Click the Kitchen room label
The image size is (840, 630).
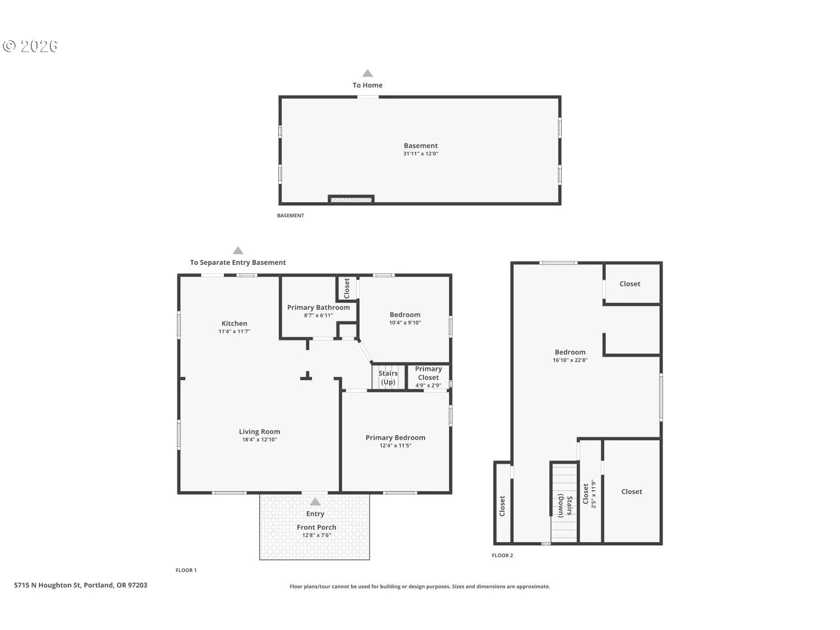[234, 323]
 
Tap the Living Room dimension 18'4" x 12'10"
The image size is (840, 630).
[259, 440]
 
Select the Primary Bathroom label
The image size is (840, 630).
[318, 307]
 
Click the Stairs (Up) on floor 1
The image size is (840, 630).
[388, 377]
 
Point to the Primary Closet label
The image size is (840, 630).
[428, 373]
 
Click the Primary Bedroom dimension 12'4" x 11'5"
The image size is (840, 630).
[395, 446]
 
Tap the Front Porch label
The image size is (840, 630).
[316, 527]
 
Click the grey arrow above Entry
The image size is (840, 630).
[315, 502]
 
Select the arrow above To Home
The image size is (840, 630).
[367, 73]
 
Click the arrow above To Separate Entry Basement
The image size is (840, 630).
[238, 250]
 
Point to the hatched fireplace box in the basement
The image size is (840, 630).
[351, 199]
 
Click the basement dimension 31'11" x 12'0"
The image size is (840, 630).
[421, 153]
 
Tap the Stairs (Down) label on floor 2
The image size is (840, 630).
[564, 506]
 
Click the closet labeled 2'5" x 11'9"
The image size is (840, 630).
[590, 493]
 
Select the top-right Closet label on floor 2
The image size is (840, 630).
[629, 284]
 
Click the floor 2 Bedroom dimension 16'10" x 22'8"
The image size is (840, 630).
[570, 360]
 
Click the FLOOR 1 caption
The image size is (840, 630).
[186, 570]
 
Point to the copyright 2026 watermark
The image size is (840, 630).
[30, 46]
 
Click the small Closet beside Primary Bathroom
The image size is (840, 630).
[347, 288]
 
